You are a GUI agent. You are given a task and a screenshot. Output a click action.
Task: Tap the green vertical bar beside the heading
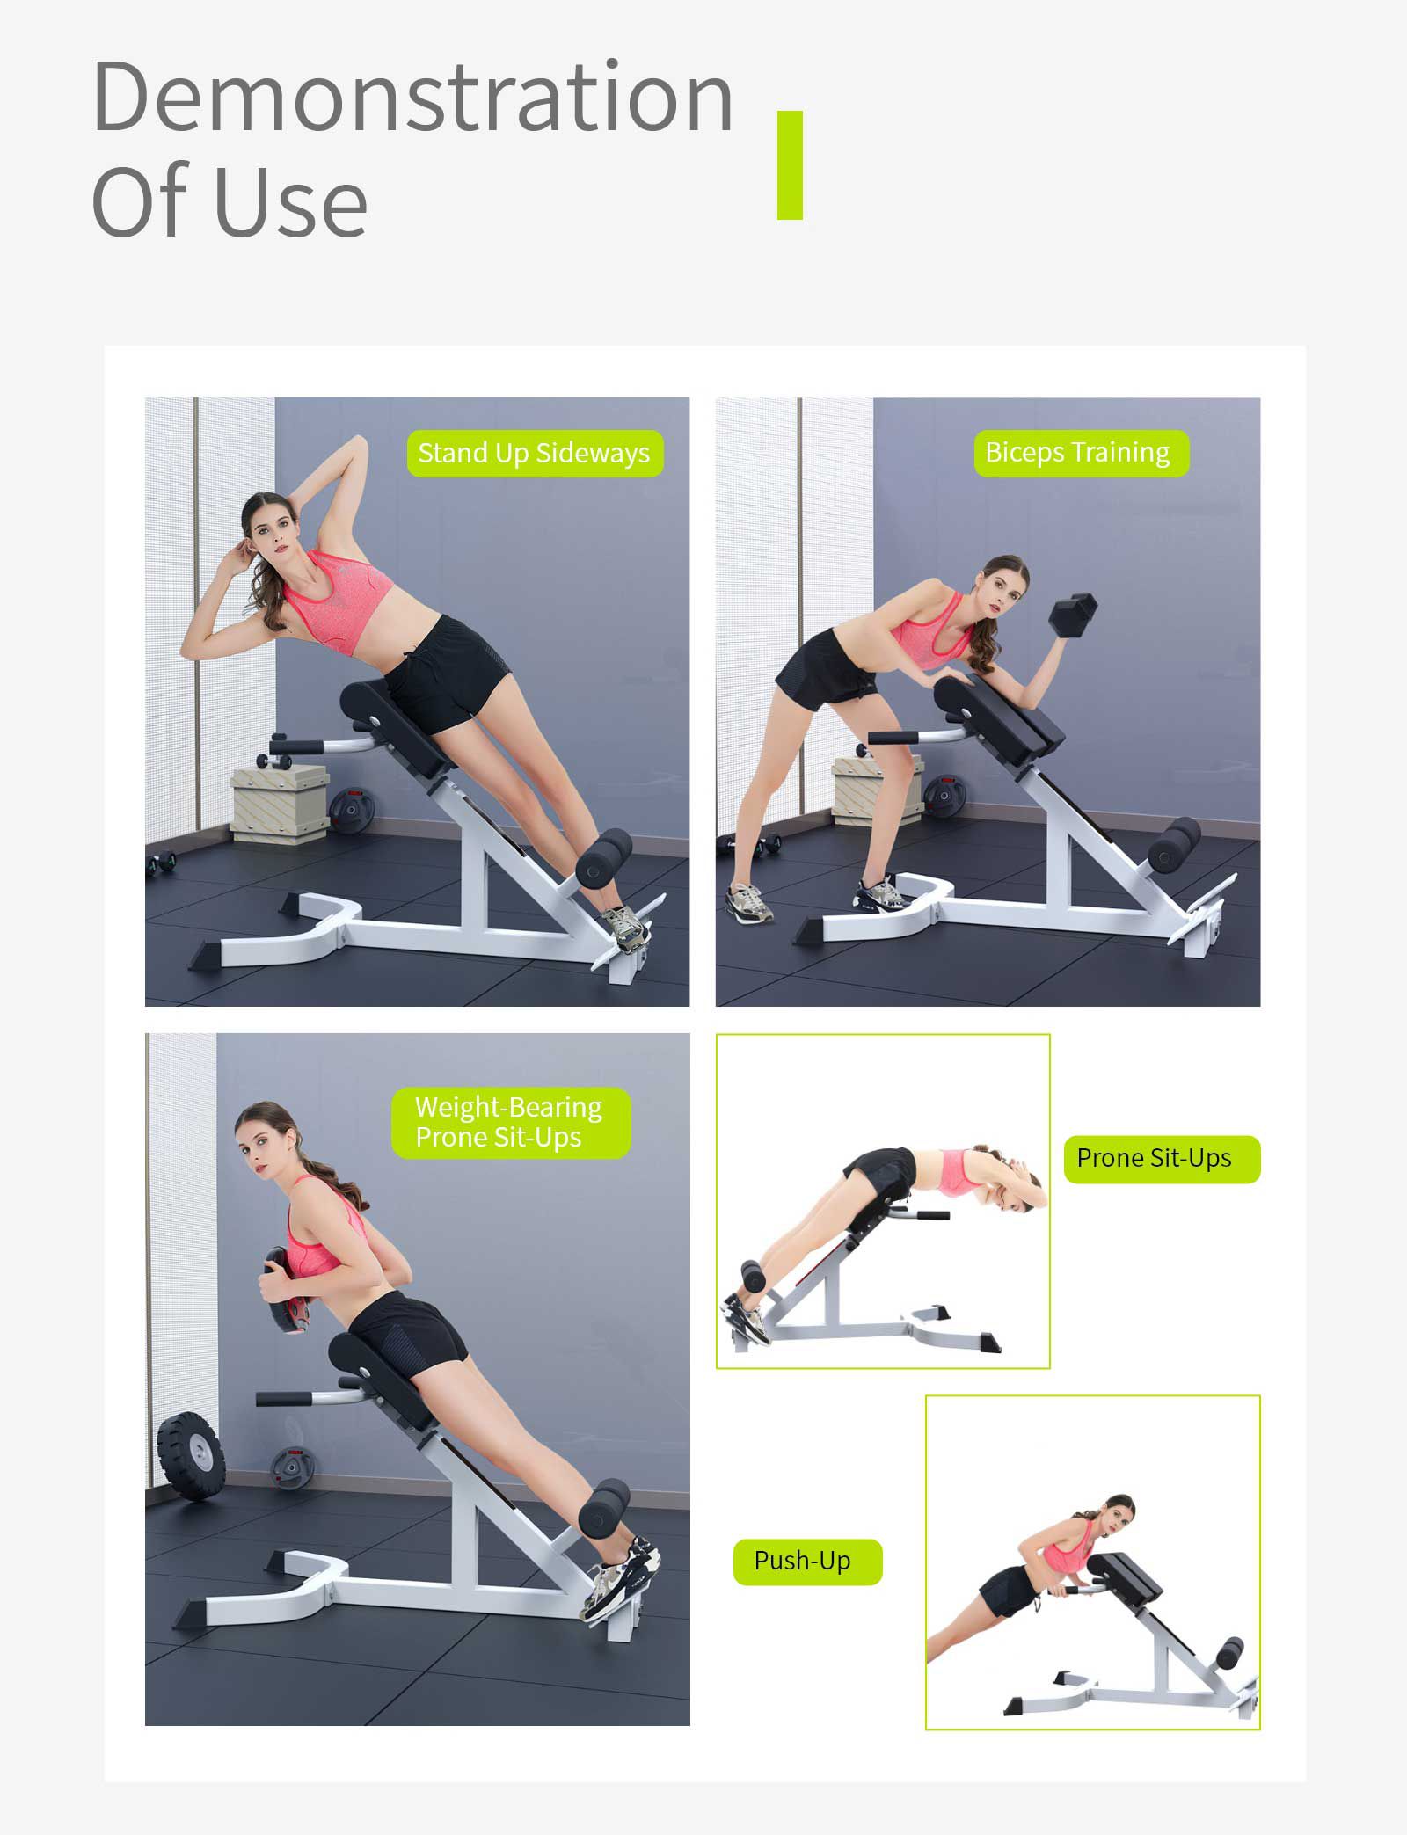(790, 165)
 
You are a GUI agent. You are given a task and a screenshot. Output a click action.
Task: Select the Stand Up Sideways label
(535, 453)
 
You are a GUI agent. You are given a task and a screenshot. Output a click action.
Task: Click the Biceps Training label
(1081, 453)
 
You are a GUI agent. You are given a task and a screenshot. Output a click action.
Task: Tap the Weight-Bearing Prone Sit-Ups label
(510, 1122)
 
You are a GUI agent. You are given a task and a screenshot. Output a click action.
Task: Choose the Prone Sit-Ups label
(1162, 1159)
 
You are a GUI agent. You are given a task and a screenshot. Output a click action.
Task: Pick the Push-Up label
(806, 1561)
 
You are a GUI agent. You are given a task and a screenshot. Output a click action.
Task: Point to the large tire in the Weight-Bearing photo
(190, 1457)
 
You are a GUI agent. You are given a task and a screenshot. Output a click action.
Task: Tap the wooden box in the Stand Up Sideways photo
(281, 803)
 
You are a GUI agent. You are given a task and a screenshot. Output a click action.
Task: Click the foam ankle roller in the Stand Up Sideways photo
(603, 859)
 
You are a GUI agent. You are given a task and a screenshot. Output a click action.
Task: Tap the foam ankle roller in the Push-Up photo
(1228, 1652)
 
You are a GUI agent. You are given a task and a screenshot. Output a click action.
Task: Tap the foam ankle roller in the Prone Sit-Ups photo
(754, 1276)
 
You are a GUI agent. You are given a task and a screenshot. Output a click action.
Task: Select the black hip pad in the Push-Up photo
(1125, 1576)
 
